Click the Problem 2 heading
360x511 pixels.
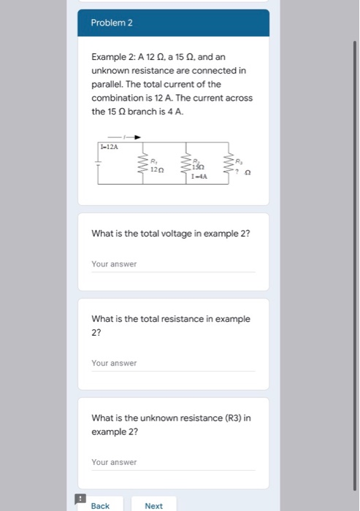click(x=112, y=23)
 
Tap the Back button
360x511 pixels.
click(x=101, y=505)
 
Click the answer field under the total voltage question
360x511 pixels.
click(x=173, y=264)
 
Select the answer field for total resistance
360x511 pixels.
click(x=173, y=363)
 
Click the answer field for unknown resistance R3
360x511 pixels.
click(x=173, y=462)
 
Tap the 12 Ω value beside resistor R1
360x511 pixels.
click(x=158, y=169)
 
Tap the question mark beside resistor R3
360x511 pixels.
click(x=237, y=172)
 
